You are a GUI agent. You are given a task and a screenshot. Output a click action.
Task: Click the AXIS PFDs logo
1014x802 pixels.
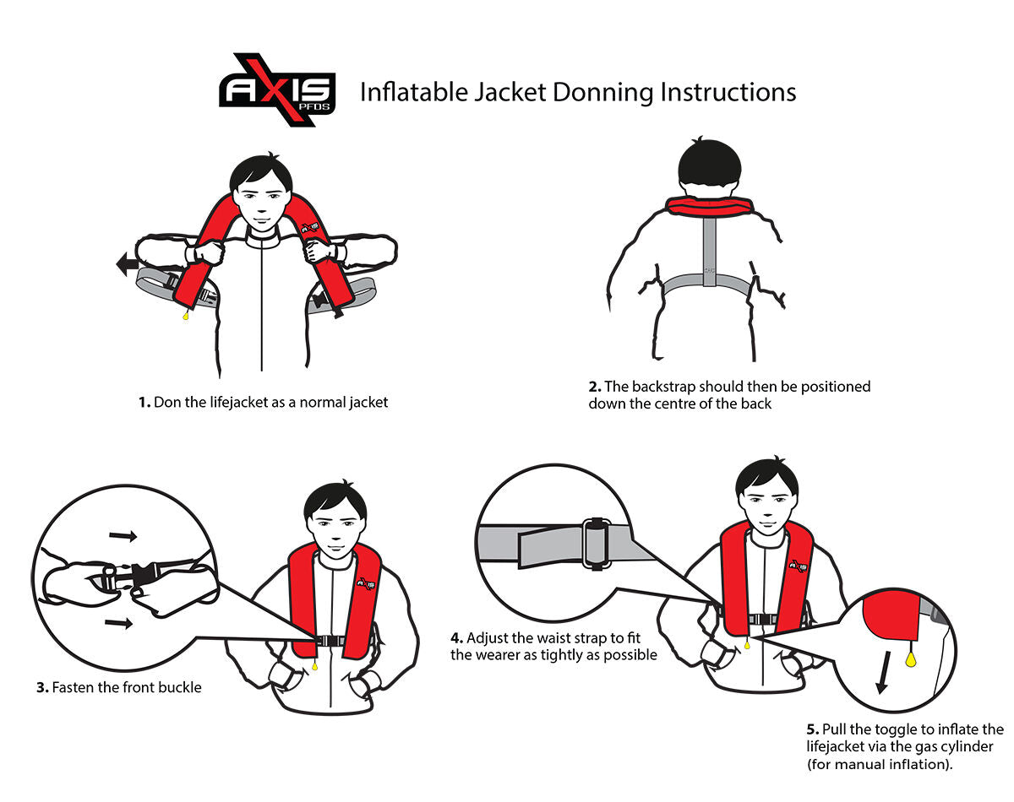[278, 89]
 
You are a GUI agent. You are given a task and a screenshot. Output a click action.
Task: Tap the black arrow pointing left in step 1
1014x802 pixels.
[128, 266]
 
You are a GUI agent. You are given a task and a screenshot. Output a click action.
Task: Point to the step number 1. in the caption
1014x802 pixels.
[144, 403]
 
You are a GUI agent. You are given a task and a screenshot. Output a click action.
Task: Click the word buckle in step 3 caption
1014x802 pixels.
[181, 688]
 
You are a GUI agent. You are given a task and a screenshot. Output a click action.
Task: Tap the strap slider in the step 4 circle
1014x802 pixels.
[595, 543]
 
